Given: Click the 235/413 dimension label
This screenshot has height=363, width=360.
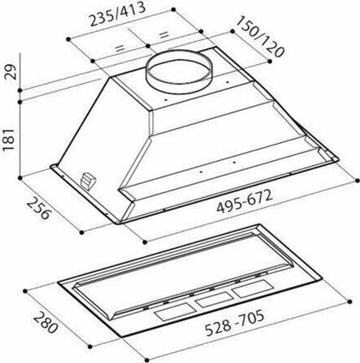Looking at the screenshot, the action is click(118, 14).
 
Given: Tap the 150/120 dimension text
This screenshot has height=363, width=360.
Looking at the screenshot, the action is click(258, 36).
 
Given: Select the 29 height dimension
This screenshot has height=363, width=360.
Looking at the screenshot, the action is click(11, 71).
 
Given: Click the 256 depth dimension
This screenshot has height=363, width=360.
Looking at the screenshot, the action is click(39, 208).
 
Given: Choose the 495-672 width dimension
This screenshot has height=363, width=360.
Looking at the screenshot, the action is click(244, 201).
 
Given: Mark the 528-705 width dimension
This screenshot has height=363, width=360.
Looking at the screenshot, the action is click(235, 323).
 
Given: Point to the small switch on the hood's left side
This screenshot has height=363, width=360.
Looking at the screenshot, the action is click(88, 181).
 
